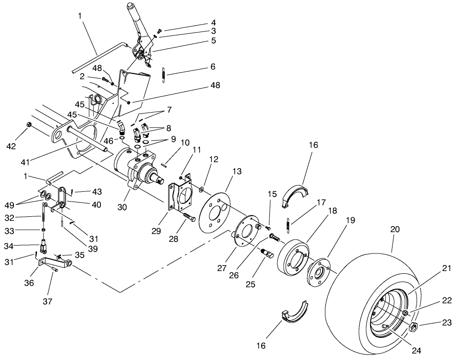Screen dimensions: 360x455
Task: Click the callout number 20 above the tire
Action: (394, 229)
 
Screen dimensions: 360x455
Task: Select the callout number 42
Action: (24, 146)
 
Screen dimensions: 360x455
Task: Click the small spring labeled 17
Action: (287, 225)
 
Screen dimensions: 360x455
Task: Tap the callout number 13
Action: (237, 171)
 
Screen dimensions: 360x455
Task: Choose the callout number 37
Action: (48, 302)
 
